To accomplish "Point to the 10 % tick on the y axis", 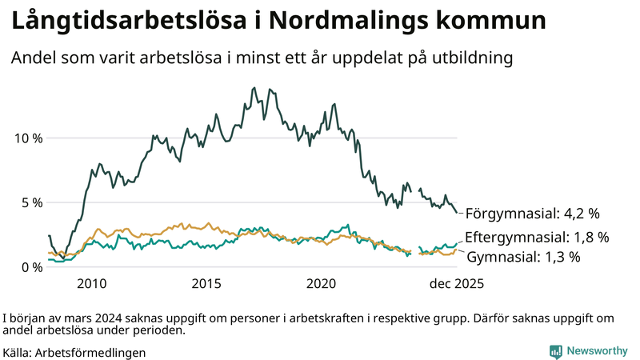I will click(29, 138).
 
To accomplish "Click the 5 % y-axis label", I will click(33, 202).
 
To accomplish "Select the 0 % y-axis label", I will click(33, 267).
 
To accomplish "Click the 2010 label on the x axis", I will click(92, 284).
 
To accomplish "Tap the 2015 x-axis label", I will click(207, 284).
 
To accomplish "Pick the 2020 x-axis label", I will click(322, 284).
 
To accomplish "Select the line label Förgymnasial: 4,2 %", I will click(532, 214).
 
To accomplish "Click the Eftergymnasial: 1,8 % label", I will click(537, 237).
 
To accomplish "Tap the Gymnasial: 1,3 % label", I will click(523, 257).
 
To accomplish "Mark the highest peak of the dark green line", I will click(254, 88).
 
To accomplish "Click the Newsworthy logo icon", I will click(555, 351).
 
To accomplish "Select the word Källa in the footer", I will click(18, 352).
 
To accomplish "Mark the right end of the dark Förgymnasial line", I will click(458, 212).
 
